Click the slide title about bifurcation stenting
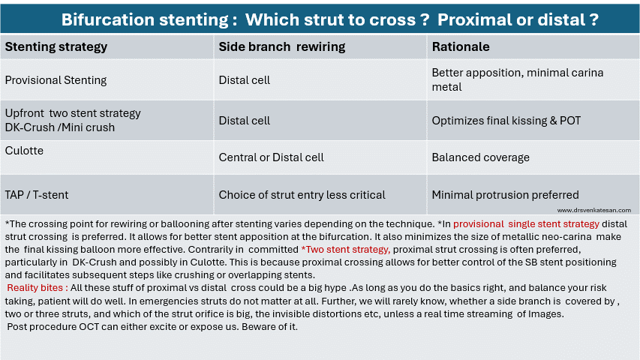(x=330, y=19)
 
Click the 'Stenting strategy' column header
(x=56, y=47)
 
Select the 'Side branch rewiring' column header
(x=282, y=47)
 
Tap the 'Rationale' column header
(x=461, y=47)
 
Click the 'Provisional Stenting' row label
(x=56, y=80)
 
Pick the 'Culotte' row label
(x=24, y=151)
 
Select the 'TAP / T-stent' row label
(x=37, y=195)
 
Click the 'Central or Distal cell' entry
(x=271, y=157)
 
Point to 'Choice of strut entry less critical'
(x=302, y=195)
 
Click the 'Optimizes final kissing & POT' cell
(x=506, y=121)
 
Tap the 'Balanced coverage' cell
(x=480, y=157)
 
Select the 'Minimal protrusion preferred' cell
(x=505, y=195)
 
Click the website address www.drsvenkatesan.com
(x=594, y=210)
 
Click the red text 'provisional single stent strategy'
(x=526, y=224)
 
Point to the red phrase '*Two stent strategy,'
(x=346, y=250)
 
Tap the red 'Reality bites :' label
(x=38, y=288)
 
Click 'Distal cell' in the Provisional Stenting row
(x=244, y=80)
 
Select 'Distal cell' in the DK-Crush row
(x=244, y=121)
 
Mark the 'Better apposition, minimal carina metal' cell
(x=518, y=79)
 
